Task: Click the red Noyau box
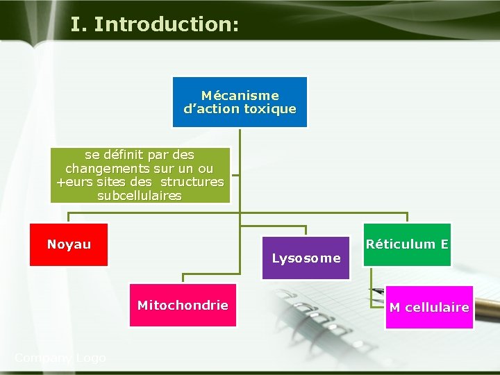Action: click(x=69, y=244)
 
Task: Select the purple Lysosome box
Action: click(x=306, y=258)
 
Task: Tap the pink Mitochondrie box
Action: click(x=183, y=306)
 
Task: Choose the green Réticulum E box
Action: click(x=407, y=244)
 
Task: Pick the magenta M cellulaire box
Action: click(x=429, y=308)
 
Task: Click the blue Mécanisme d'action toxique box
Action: click(x=240, y=102)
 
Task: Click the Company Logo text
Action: click(x=60, y=358)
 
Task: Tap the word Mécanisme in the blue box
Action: click(x=240, y=95)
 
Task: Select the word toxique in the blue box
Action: click(x=269, y=109)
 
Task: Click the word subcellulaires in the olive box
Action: click(x=140, y=196)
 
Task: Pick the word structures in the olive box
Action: click(x=192, y=182)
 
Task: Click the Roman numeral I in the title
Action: click(x=75, y=24)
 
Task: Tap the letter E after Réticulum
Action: click(x=444, y=244)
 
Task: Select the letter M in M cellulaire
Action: click(x=394, y=308)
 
